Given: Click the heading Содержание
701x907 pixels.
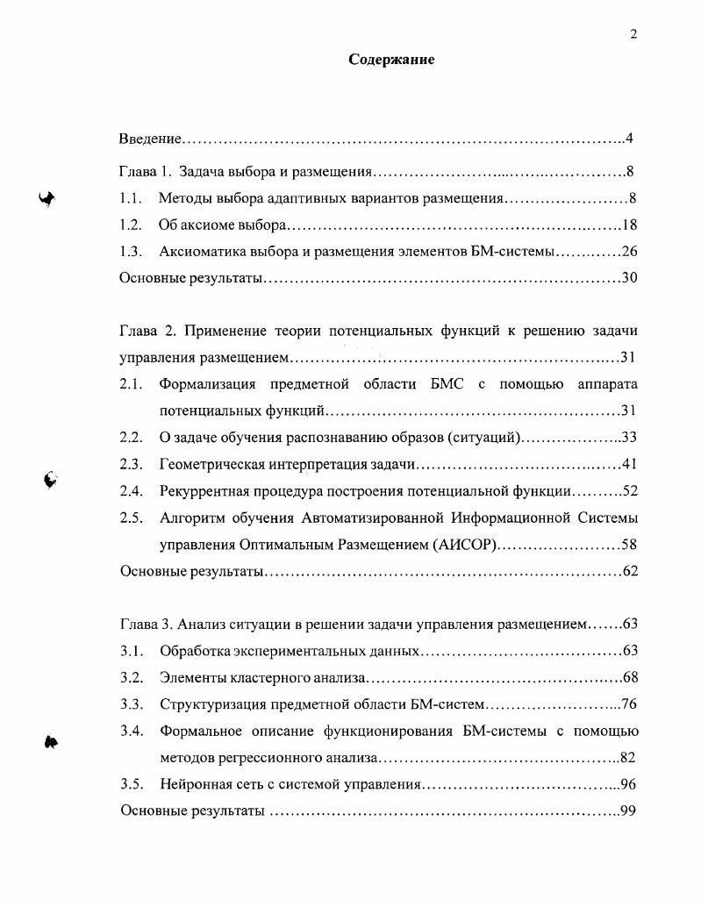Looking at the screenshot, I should (x=391, y=60).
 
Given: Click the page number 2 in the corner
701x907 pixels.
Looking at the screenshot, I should (x=633, y=34).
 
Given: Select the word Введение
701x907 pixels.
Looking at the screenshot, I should (x=150, y=139).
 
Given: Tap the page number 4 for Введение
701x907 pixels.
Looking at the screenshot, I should (x=629, y=139).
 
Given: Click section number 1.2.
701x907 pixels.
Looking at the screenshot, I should (x=130, y=225).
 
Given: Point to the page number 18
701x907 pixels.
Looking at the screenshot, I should (x=628, y=225).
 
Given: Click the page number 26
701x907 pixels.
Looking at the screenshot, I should (x=628, y=252).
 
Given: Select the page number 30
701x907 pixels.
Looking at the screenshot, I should (x=628, y=278).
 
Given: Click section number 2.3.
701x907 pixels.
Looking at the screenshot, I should (x=131, y=464).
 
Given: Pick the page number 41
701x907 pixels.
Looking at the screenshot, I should (x=628, y=464).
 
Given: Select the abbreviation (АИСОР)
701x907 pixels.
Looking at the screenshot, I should (x=465, y=545).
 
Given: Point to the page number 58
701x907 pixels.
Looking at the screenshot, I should (x=628, y=545).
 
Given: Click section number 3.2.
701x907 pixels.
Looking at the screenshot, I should (x=131, y=678).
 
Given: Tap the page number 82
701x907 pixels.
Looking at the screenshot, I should (x=627, y=758).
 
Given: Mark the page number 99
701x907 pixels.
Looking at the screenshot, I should (x=627, y=811).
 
